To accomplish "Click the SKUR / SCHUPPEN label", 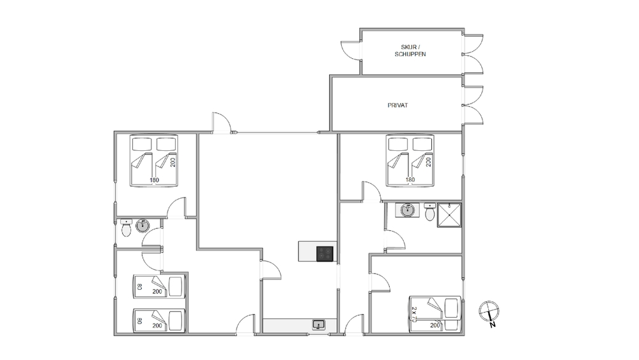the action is pos(410,51).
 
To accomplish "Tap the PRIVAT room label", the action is pos(397,106).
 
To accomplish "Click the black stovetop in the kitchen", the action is pos(325,254).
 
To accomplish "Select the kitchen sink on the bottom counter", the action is pos(319,325).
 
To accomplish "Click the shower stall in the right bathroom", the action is pos(449,215).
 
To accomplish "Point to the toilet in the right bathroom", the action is pos(429,212).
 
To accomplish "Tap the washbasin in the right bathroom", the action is pos(407,210).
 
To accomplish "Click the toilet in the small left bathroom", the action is pos(126,228).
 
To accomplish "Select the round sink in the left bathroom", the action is pos(142,226).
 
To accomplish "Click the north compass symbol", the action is pos(489,311).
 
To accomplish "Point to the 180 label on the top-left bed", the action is pos(154,180).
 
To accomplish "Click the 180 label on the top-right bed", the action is pos(410,180).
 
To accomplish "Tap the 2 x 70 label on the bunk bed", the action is pos(414,315).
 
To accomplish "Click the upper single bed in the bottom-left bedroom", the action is pos(159,286).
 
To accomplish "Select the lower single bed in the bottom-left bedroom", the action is pos(159,320).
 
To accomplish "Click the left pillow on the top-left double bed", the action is pos(142,144).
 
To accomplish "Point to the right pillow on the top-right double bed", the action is pos(422,144).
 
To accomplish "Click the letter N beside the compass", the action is pos(493,325).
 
